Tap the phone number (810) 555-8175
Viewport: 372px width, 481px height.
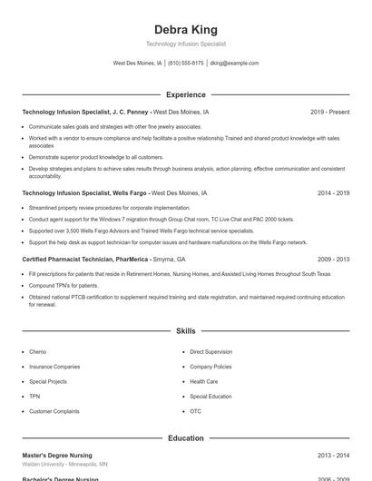click(185, 64)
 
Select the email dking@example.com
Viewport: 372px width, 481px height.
click(234, 64)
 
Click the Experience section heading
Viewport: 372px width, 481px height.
click(185, 94)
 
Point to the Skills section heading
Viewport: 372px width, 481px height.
click(185, 332)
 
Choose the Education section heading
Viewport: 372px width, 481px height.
click(185, 438)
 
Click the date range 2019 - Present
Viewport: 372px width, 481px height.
click(329, 113)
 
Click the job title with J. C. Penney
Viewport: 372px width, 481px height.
click(86, 113)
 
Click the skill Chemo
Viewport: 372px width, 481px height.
click(37, 351)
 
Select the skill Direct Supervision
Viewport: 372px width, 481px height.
click(210, 351)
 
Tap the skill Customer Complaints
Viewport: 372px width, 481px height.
click(54, 411)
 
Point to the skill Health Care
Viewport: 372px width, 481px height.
click(203, 381)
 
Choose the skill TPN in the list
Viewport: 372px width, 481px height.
click(34, 397)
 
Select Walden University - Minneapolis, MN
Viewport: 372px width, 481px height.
click(65, 464)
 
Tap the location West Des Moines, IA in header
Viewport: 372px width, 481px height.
click(137, 64)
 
